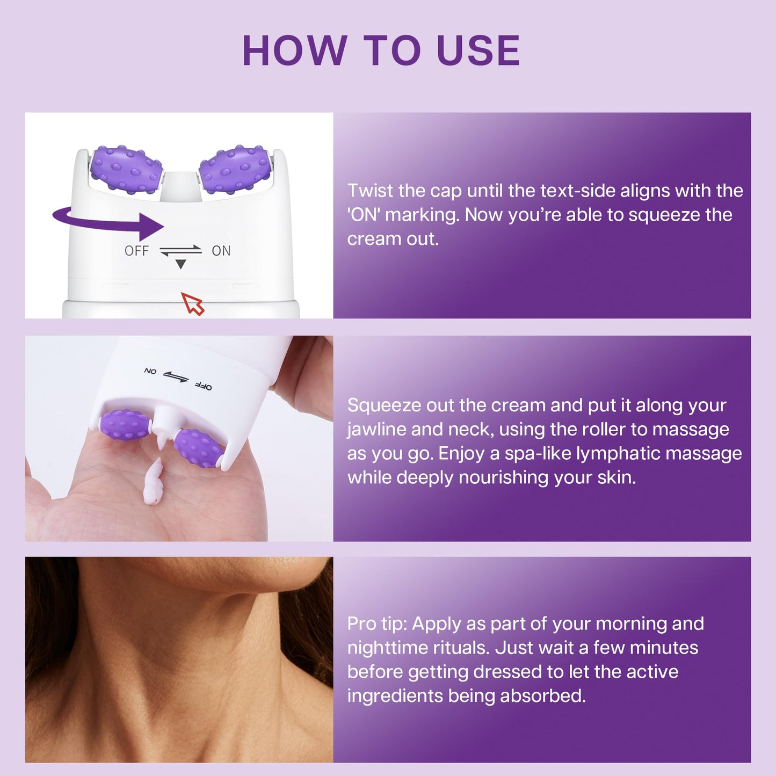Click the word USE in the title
478,51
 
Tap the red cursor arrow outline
193,303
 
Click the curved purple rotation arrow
107,221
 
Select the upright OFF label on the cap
136,251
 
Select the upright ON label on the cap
221,251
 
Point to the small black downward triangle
181,264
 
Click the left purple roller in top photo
126,169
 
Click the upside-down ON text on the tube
150,371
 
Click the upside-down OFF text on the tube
204,386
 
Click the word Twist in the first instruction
371,191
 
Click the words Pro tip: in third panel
377,623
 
